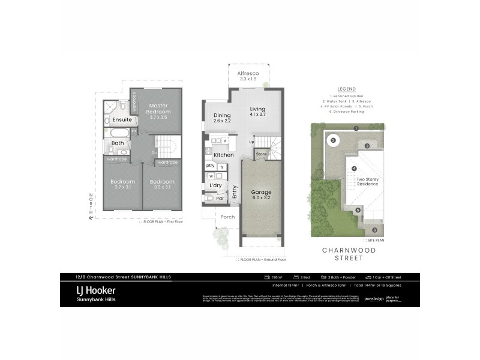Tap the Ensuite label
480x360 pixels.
122,120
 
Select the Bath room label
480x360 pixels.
118,143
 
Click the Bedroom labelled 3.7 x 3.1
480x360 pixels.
122,185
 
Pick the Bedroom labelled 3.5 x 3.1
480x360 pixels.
161,185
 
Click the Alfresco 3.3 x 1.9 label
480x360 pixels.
248,76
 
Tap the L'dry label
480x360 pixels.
215,186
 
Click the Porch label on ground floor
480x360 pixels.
227,217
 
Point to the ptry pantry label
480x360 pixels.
210,166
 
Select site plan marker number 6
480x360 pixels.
374,230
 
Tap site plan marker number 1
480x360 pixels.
356,128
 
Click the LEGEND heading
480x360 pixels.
346,88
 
